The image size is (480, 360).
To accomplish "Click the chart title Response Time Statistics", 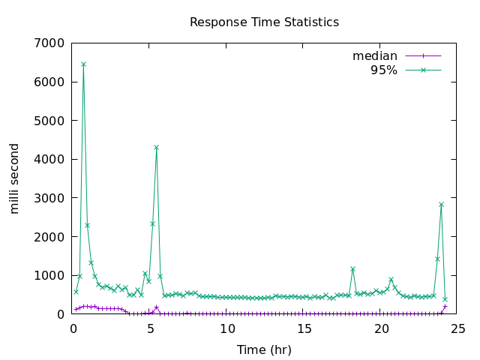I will pyautogui.click(x=264, y=22).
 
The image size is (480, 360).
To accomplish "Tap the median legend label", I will pyautogui.click(x=374, y=56).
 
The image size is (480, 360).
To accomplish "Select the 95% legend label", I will pyautogui.click(x=383, y=70).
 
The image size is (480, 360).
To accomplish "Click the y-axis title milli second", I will pyautogui.click(x=15, y=178).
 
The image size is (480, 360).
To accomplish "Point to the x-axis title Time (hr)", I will pyautogui.click(x=264, y=349).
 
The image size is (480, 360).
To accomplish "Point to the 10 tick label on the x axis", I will pyautogui.click(x=227, y=329).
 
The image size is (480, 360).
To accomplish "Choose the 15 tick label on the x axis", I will pyautogui.click(x=304, y=329).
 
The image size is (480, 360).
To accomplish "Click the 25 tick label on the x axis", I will pyautogui.click(x=459, y=329).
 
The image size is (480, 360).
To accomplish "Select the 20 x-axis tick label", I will pyautogui.click(x=382, y=329).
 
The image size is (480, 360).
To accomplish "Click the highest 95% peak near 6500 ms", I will pyautogui.click(x=83, y=64).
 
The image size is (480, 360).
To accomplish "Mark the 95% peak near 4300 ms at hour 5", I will pyautogui.click(x=156, y=147).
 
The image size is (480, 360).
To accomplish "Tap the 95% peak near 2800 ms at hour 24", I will pyautogui.click(x=441, y=204).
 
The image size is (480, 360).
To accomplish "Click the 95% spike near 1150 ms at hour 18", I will pyautogui.click(x=352, y=268).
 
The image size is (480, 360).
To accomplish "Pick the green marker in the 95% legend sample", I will pyautogui.click(x=423, y=70).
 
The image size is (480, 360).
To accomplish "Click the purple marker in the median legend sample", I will pyautogui.click(x=423, y=56).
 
